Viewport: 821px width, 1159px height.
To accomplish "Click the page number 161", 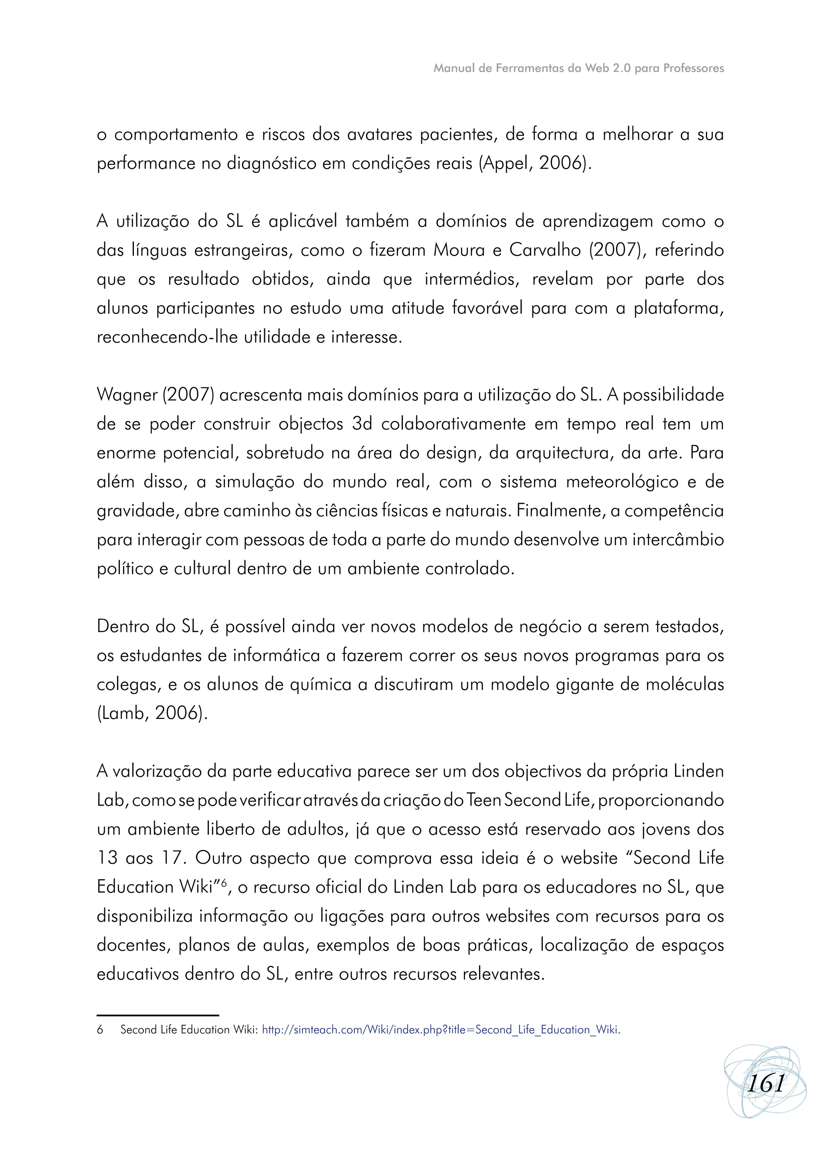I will (x=765, y=1083).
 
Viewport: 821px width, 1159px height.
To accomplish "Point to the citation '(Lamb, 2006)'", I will (x=152, y=713).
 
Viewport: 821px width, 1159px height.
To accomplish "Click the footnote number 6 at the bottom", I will (x=100, y=1030).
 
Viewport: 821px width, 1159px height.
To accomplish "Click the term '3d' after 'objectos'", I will (x=362, y=424).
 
